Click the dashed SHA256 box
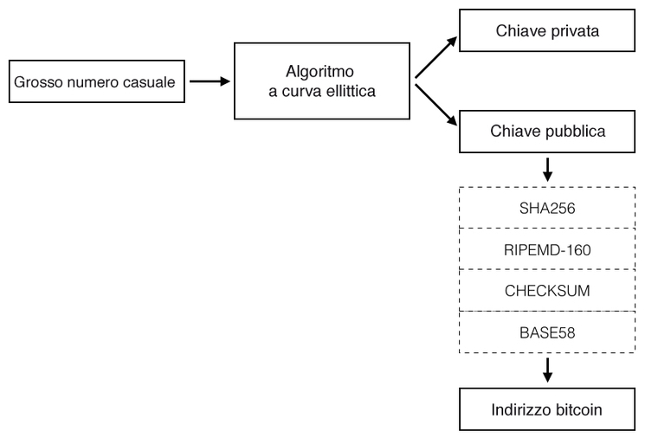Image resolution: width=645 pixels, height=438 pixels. coord(546,208)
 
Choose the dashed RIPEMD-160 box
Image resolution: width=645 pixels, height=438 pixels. coord(546,249)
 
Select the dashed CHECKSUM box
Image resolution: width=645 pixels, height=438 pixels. coord(546,291)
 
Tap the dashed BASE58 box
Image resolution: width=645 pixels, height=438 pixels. coord(546,332)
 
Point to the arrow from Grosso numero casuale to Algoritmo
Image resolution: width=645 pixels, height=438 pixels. coord(209,83)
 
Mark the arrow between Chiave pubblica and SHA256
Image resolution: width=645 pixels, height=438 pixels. coord(546,169)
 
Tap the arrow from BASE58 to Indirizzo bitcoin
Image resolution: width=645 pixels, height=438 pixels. coord(546,370)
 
